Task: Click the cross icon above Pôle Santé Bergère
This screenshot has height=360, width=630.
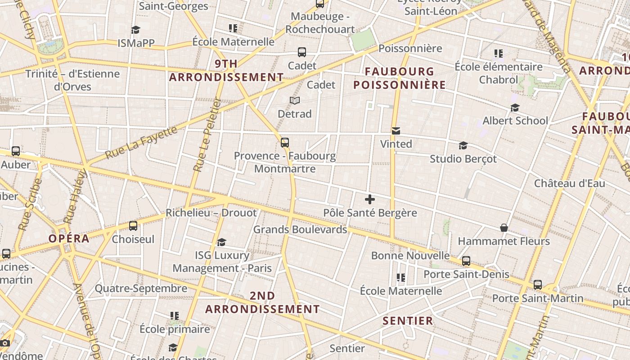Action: coord(370,199)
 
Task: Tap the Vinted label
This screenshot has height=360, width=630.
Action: coord(396,144)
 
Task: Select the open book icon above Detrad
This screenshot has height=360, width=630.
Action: coord(295,100)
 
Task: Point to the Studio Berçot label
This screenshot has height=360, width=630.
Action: coord(463,159)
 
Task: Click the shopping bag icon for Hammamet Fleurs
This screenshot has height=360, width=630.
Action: coord(504,228)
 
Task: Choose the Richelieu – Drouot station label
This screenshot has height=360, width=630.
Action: coord(211,213)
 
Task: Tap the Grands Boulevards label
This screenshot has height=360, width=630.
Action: coord(300,229)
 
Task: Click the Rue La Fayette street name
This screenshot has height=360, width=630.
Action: coord(141,143)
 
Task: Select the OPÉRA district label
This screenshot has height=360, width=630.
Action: coord(69,238)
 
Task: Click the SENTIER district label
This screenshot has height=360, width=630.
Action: coord(408,321)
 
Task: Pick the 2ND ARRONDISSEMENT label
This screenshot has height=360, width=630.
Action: coord(262,302)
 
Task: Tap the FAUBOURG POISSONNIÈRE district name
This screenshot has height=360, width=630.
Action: coord(399,78)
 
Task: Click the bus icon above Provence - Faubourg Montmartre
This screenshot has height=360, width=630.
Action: coord(285,143)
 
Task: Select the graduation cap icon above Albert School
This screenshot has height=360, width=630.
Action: coord(515,108)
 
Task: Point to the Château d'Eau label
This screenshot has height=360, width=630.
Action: coord(569,184)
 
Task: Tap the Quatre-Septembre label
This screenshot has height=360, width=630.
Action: coord(141,288)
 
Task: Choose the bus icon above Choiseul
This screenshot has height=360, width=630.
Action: coord(133,226)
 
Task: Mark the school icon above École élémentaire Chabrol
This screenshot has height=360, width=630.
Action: coord(498,54)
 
